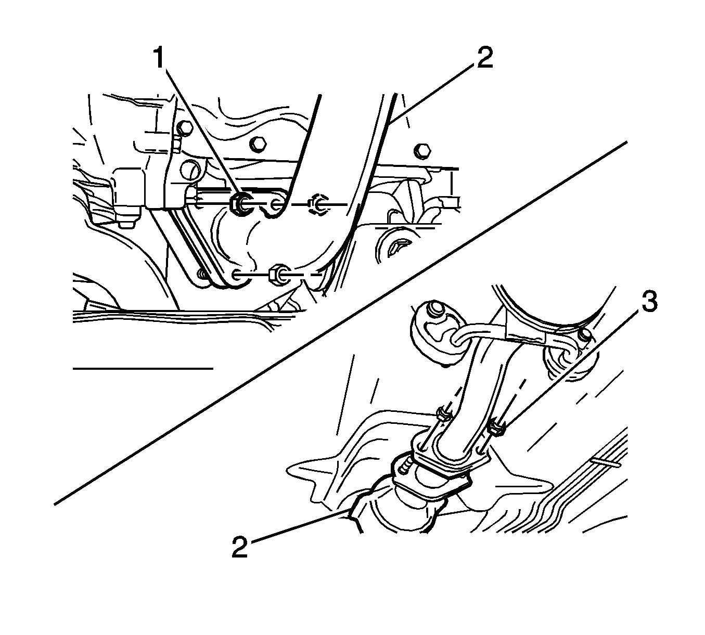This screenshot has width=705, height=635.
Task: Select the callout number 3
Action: [x=649, y=302]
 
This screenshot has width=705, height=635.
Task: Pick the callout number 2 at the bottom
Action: [x=240, y=547]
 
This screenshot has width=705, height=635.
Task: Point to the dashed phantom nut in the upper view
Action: [x=317, y=204]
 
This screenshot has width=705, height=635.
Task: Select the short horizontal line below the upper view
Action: [x=143, y=369]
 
